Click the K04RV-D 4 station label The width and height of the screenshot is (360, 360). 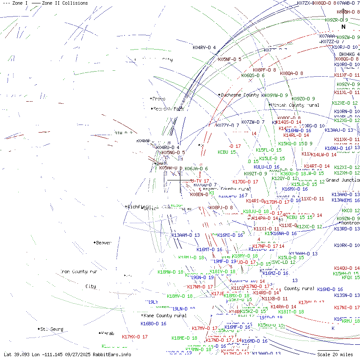pos(204,47)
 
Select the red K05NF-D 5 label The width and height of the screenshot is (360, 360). pos(230,59)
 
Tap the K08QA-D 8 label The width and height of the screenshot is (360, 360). pos(291,73)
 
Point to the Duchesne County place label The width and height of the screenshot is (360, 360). pos(239,95)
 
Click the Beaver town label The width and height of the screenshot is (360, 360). pos(103,243)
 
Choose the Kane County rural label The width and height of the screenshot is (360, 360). pos(165,316)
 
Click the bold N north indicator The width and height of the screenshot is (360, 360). pos(343,27)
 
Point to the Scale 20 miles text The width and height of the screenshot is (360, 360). pos(335,354)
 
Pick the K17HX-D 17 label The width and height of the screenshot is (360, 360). pos(135,337)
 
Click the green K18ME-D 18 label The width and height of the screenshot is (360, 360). pos(184,338)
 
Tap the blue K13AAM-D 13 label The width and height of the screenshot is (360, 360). pos(186,235)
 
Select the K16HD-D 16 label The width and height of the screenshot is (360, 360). pos(330,289)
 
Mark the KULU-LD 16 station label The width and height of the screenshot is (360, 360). pos(266,167)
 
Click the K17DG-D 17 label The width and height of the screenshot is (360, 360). pos(245,182)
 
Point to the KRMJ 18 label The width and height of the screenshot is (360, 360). pos(350,321)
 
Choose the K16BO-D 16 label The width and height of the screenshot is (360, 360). pos(153,324)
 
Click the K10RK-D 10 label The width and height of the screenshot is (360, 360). pos(347,245)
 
